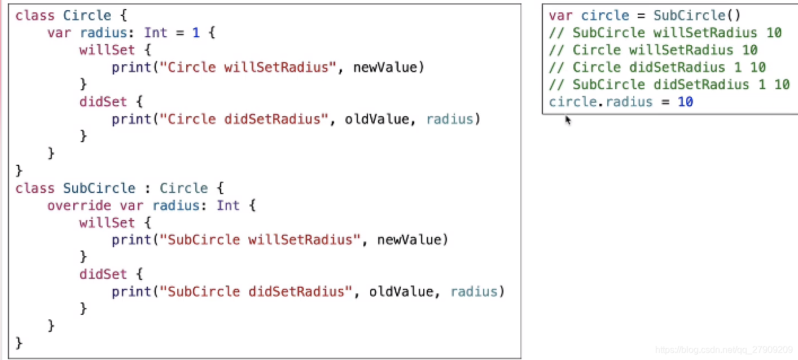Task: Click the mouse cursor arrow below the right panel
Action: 568,120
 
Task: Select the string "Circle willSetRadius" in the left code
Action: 244,68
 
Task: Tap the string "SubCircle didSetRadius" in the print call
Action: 260,292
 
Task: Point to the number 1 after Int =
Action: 196,33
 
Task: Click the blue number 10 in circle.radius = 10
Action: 685,102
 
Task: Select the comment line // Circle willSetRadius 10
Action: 653,50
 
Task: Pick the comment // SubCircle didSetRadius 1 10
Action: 669,85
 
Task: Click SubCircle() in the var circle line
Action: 697,16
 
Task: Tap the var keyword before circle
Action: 560,16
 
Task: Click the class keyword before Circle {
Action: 34,15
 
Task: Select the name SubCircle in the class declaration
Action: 99,188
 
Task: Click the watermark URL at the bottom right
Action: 724,350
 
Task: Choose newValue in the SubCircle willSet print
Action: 412,240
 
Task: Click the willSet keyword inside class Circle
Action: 107,50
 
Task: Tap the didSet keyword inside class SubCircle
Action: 103,274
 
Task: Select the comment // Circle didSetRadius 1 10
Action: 657,68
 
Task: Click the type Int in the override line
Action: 228,205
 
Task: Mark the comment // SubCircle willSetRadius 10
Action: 665,33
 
